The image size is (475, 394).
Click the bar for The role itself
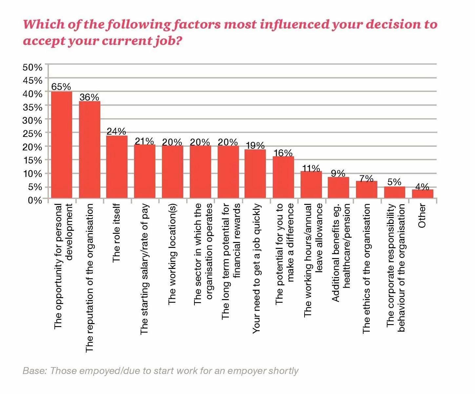117,167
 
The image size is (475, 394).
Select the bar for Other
423,194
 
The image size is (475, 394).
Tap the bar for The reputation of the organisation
89,150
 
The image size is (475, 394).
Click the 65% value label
61,87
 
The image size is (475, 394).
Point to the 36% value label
89,97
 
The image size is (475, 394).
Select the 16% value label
283,153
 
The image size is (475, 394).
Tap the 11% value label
311,168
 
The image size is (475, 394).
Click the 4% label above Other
422,187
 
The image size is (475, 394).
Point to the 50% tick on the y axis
32,67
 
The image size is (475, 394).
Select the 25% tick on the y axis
32,134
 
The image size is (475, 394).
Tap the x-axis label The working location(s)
172,254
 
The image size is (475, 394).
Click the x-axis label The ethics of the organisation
366,269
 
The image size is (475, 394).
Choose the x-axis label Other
422,216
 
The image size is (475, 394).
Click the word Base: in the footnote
35,371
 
